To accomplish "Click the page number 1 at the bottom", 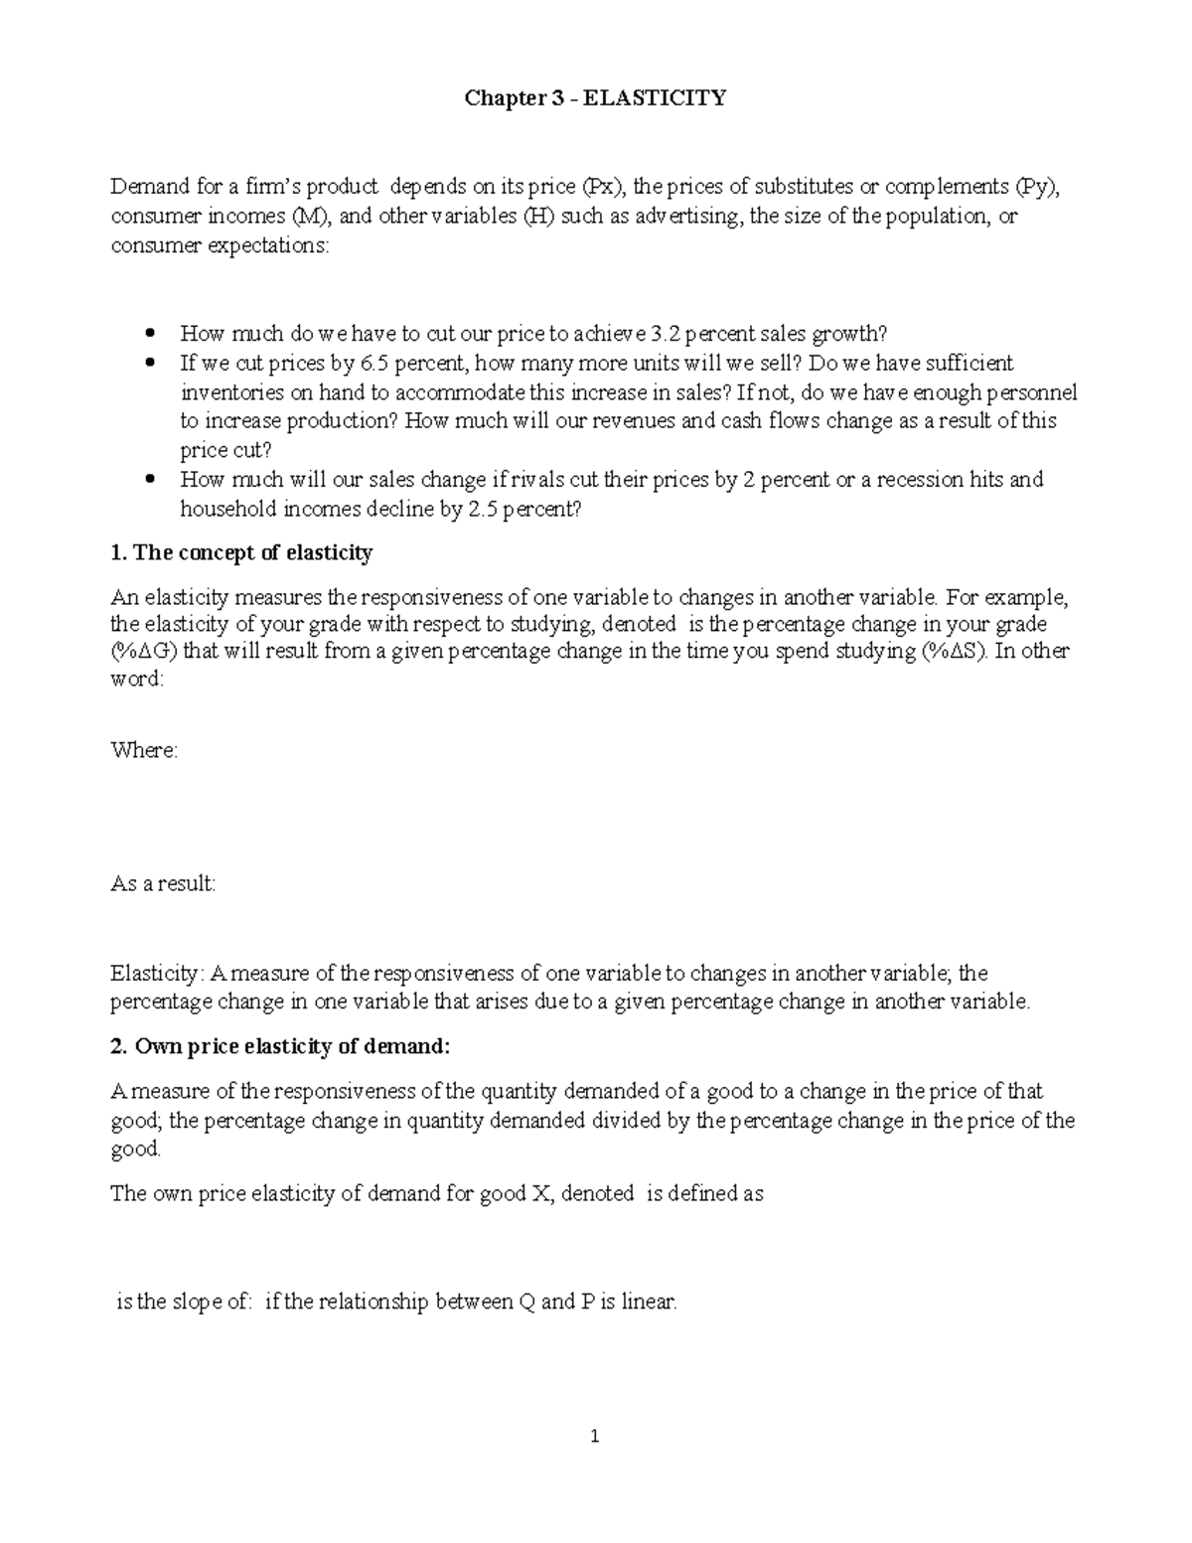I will pyautogui.click(x=595, y=1436).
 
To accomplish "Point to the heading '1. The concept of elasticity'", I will pyautogui.click(x=241, y=553).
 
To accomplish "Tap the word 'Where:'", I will pyautogui.click(x=144, y=750).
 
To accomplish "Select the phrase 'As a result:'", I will pyautogui.click(x=162, y=883).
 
